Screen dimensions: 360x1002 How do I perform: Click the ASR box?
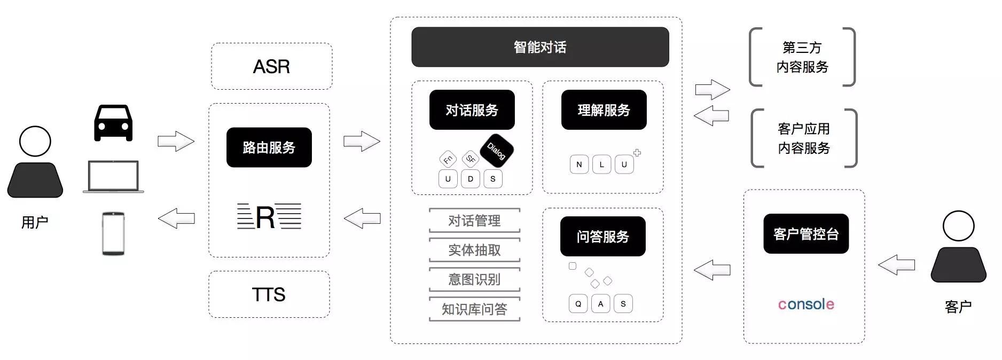[271, 66]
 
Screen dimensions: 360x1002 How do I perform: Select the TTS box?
[269, 294]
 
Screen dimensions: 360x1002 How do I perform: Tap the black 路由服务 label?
[269, 147]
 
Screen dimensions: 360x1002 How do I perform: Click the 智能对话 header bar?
[540, 47]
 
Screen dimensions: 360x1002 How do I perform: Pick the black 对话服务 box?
[472, 110]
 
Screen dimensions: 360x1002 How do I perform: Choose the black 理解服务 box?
[604, 110]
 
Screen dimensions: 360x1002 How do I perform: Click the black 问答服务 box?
[602, 236]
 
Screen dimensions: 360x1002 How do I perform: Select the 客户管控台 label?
[806, 234]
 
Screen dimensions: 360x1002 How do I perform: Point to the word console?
[806, 304]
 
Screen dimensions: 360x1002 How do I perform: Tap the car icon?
[113, 123]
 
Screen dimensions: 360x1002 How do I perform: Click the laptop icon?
[113, 177]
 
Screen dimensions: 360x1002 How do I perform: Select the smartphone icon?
[113, 233]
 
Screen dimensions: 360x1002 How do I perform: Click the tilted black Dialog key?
[497, 151]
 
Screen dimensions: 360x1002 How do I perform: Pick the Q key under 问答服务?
[578, 304]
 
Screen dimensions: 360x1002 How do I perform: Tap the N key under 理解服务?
[579, 165]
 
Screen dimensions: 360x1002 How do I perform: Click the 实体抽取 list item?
[474, 250]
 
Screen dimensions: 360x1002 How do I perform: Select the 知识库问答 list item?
[474, 309]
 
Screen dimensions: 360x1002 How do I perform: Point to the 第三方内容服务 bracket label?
[802, 57]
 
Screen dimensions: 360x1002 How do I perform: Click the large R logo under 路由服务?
[265, 217]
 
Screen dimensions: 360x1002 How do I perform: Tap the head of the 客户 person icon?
[958, 226]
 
